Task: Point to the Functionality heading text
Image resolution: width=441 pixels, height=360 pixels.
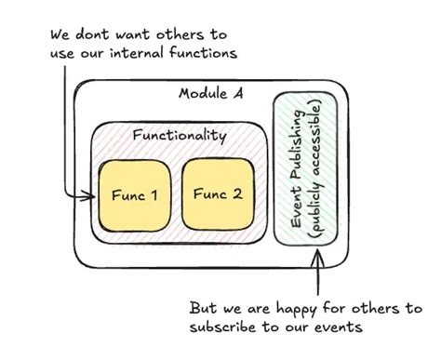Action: pyautogui.click(x=179, y=136)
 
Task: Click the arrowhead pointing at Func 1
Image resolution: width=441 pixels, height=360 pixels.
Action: pyautogui.click(x=92, y=197)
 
